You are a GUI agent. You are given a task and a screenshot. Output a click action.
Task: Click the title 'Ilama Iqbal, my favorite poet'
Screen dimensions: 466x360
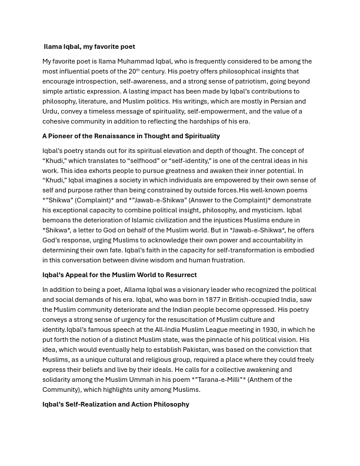(x=89, y=46)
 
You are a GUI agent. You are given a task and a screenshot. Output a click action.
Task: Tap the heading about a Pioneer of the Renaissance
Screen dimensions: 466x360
(x=131, y=136)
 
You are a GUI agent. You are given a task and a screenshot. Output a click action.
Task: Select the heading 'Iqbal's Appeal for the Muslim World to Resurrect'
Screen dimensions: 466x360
(x=119, y=275)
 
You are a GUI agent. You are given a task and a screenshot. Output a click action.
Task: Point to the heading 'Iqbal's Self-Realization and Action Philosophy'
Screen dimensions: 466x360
(x=116, y=404)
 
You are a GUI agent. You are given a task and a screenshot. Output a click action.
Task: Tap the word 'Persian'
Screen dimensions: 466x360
(x=275, y=101)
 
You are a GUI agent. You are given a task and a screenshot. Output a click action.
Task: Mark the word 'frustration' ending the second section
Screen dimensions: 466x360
(x=225, y=260)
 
